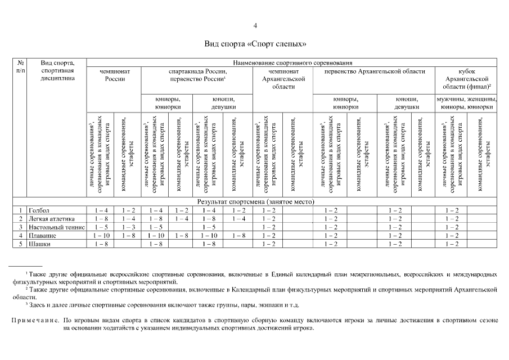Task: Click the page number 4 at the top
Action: click(x=255, y=25)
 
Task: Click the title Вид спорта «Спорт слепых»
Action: click(x=255, y=43)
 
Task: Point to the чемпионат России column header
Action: click(x=115, y=75)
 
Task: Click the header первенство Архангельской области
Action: click(x=375, y=71)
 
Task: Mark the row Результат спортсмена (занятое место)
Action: click(x=255, y=201)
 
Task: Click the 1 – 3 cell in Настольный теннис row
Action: click(x=129, y=227)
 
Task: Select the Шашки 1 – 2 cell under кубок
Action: click(x=452, y=244)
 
